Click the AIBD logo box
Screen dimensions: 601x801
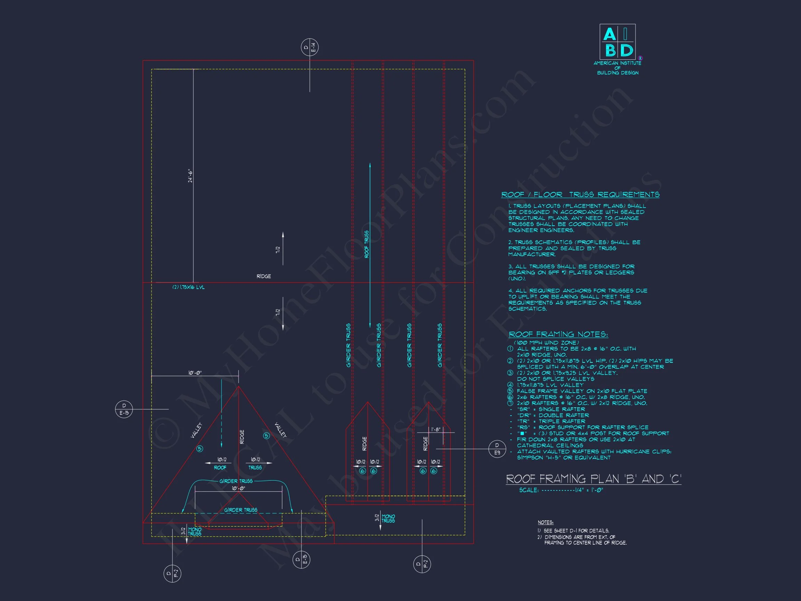(x=617, y=42)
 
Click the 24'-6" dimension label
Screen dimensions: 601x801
(x=191, y=176)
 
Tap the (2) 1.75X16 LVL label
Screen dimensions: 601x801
(x=188, y=287)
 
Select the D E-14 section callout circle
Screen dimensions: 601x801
(x=310, y=47)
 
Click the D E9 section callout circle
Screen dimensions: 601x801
(x=497, y=449)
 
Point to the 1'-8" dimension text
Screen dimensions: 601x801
(x=435, y=429)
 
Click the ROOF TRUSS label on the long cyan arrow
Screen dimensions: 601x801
(x=366, y=244)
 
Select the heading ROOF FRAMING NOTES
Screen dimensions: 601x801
(x=558, y=334)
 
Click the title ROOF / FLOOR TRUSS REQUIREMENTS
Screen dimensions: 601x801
(x=580, y=194)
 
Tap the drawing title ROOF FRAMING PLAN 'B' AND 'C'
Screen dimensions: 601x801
(x=593, y=479)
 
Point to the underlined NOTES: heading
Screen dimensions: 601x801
(x=545, y=522)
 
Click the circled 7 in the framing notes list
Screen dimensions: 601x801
(x=510, y=403)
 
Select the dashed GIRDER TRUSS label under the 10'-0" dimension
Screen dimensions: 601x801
(x=241, y=510)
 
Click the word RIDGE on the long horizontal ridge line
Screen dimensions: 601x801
(x=264, y=276)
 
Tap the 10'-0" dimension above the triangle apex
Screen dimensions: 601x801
(x=195, y=373)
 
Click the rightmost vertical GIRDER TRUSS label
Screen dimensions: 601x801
(x=439, y=345)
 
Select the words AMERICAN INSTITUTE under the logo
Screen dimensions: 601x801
(x=617, y=63)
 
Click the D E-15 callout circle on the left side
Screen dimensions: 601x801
(x=124, y=409)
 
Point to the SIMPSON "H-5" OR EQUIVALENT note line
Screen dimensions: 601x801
(x=564, y=458)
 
